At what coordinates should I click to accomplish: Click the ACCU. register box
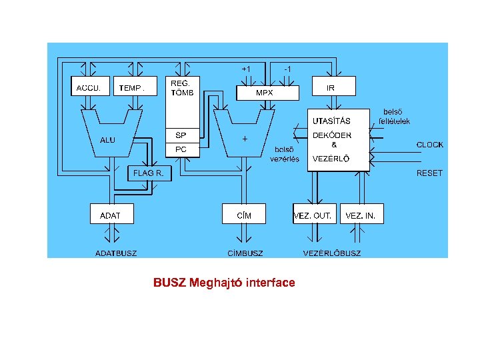(89, 87)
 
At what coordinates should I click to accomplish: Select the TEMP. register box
(135, 87)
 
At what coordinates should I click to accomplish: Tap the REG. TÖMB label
(182, 88)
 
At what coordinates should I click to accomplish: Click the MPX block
(265, 93)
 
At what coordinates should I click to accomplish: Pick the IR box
(334, 87)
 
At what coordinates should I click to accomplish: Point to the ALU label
(107, 140)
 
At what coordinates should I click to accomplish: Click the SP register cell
(181, 135)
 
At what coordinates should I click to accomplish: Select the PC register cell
(181, 150)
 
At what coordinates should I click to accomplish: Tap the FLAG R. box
(149, 173)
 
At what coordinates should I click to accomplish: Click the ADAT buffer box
(111, 215)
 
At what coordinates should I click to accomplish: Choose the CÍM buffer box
(244, 215)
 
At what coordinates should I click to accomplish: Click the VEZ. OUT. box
(313, 215)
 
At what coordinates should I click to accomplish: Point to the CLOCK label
(429, 145)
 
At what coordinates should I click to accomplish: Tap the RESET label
(429, 173)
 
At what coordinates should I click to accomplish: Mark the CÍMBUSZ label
(245, 253)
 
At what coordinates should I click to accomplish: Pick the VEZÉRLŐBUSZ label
(332, 253)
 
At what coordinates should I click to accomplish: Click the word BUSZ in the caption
(169, 283)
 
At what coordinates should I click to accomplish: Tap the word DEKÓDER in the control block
(332, 135)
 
